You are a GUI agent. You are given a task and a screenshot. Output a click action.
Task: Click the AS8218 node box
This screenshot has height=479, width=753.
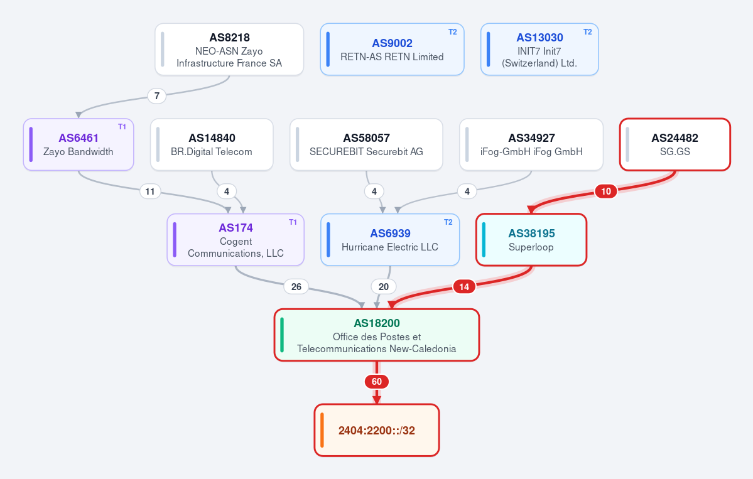tap(229, 50)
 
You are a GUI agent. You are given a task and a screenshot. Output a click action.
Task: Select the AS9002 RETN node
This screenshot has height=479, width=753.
tap(392, 50)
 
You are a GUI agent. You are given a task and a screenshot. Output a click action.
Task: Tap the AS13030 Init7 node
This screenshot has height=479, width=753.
tap(539, 50)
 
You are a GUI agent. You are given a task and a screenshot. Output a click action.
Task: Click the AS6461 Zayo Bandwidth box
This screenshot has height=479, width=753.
tap(79, 144)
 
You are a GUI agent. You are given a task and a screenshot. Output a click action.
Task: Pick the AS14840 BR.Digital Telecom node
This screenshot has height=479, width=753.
tap(212, 144)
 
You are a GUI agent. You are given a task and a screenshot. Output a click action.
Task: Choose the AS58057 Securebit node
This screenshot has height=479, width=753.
tap(366, 144)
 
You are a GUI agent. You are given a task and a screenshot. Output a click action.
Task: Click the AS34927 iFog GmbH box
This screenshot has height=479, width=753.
tap(531, 144)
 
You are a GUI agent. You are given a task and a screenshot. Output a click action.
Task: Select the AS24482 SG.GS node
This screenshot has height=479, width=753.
tap(674, 144)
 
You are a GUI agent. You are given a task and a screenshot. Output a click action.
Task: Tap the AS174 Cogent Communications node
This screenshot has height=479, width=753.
tap(236, 240)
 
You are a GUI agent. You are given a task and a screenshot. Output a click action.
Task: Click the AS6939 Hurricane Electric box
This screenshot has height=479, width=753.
tap(390, 240)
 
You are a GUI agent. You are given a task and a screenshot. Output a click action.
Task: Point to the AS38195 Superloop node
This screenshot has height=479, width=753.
tap(531, 240)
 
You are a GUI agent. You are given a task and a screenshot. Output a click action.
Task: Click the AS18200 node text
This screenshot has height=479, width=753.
tap(377, 323)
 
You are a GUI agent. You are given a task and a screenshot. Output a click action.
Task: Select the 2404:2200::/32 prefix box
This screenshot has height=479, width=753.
tap(377, 430)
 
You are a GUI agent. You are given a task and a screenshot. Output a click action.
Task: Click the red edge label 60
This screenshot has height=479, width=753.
tap(377, 382)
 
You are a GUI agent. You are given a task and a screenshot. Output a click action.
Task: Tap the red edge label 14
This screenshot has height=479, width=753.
tap(464, 287)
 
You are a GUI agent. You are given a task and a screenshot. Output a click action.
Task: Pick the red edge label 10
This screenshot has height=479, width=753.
tap(606, 191)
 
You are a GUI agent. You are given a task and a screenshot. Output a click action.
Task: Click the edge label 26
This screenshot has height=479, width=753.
tap(296, 286)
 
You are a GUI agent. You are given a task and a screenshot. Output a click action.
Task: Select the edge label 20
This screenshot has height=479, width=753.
tap(383, 286)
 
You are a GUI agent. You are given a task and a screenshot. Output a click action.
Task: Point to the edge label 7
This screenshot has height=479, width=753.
tap(156, 96)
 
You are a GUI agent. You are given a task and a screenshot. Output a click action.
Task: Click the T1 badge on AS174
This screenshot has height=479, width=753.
tap(293, 222)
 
